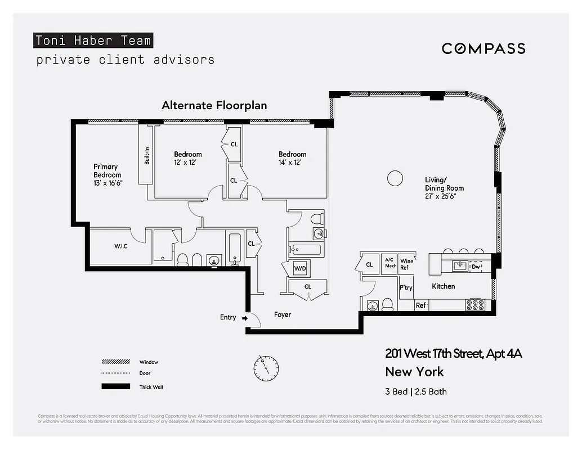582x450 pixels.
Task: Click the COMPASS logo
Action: click(483, 48)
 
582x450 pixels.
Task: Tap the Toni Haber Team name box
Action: click(93, 40)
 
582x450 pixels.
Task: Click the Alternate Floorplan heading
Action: click(214, 105)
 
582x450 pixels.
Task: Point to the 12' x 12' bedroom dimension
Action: click(187, 163)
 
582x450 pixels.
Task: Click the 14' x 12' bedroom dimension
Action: click(292, 163)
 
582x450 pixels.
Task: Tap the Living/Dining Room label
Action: click(444, 184)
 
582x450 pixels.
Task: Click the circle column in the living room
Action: click(395, 179)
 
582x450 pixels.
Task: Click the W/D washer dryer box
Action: click(300, 269)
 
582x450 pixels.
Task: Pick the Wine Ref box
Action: click(406, 264)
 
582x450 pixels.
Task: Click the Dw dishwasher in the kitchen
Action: click(476, 267)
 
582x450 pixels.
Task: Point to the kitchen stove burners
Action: click(476, 305)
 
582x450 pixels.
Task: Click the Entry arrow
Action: click(244, 318)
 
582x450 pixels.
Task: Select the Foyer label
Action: click(283, 314)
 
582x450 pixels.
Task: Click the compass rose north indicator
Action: click(266, 367)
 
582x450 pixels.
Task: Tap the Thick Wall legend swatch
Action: click(115, 386)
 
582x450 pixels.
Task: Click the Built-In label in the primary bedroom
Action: click(147, 155)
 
